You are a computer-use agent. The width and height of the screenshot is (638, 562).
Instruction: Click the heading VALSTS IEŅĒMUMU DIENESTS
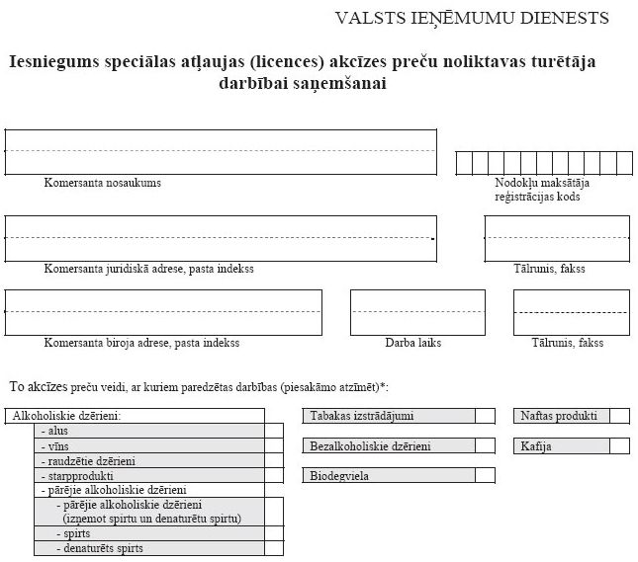472,18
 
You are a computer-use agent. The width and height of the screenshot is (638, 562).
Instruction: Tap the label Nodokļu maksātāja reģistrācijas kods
537,190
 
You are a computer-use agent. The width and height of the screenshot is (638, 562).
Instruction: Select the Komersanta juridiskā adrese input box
221,238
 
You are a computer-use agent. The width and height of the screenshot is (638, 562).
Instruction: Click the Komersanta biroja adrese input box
163,312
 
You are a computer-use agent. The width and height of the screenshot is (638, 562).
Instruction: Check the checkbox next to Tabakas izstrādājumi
485,416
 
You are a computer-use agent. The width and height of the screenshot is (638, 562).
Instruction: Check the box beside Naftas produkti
619,416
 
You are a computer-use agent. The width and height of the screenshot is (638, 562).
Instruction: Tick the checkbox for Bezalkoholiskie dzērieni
485,446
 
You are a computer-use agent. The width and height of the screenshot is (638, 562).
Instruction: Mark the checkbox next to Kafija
619,446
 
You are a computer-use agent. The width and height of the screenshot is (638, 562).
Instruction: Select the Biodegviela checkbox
485,476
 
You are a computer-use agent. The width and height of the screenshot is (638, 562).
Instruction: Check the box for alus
274,432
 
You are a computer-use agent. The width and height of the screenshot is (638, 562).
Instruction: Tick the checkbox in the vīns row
274,446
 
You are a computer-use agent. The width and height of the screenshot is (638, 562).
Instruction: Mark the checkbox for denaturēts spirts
274,547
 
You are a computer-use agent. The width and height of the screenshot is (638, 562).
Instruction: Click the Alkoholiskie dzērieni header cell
67,416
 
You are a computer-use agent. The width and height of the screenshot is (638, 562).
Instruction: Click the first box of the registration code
463,163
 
